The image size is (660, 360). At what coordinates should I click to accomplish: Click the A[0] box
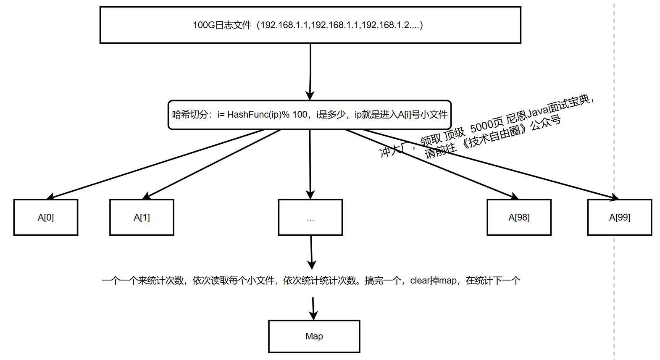[x=46, y=217]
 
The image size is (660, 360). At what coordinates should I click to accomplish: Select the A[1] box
[x=142, y=217]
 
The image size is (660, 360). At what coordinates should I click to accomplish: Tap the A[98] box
[x=519, y=217]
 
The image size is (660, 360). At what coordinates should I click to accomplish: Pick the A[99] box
[x=620, y=217]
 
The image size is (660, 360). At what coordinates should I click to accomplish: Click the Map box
[x=314, y=336]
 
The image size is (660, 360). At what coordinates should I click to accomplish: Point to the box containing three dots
[x=310, y=217]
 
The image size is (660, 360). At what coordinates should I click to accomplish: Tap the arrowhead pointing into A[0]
[x=50, y=197]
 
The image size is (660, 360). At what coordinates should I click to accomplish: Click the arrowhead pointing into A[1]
[x=146, y=196]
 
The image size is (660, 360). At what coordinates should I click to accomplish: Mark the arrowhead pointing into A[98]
[x=515, y=196]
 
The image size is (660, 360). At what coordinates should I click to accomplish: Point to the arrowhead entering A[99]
[x=615, y=197]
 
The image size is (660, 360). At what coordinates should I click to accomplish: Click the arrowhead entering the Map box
[x=313, y=315]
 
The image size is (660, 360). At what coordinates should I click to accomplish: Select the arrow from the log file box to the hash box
[x=310, y=71]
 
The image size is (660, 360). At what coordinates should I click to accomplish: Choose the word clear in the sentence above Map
[x=420, y=281]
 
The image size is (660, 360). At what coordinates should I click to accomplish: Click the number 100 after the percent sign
[x=300, y=115]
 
